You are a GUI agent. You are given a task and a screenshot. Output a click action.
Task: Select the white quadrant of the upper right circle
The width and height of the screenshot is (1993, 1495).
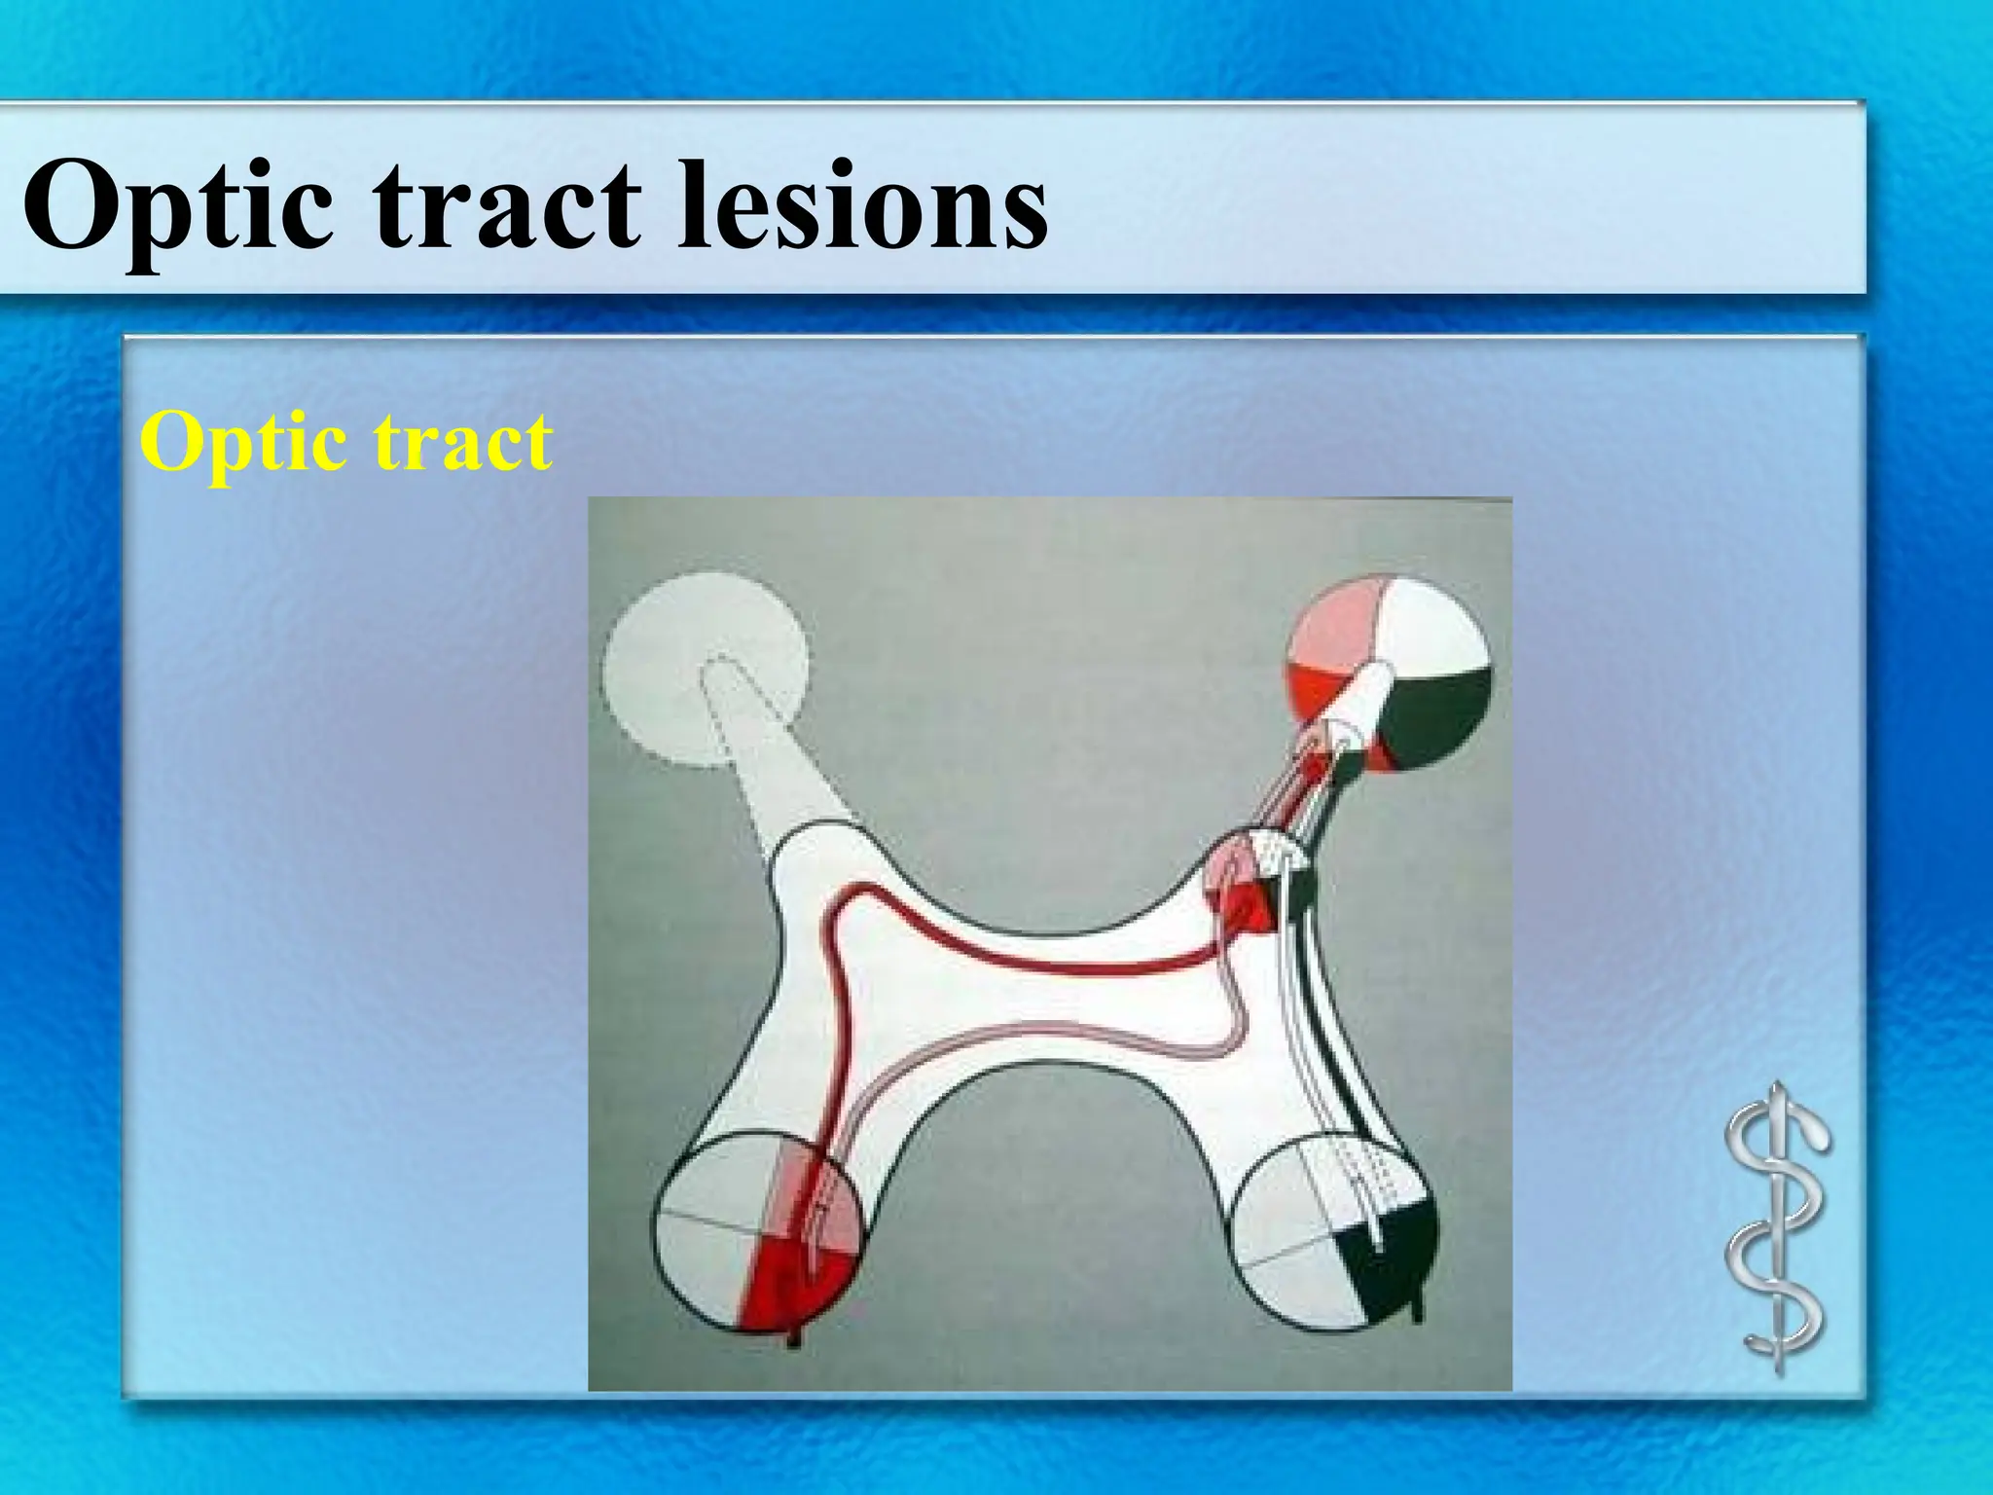(x=1431, y=623)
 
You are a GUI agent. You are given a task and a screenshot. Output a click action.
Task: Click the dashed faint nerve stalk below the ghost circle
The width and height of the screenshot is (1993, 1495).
(x=769, y=769)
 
